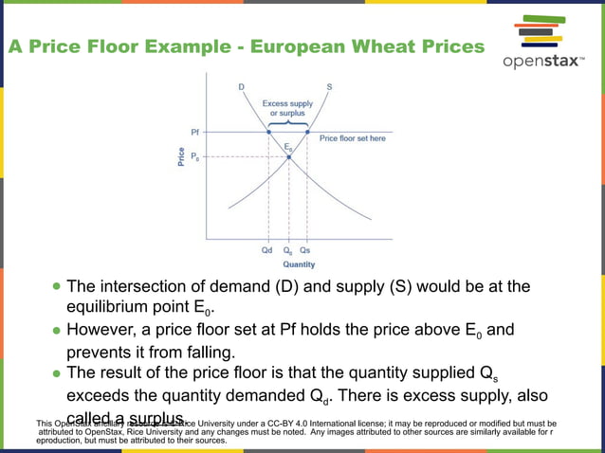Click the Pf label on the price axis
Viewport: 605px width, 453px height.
pyautogui.click(x=195, y=132)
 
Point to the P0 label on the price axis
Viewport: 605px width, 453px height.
pyautogui.click(x=195, y=155)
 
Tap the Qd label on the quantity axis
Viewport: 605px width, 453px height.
pyautogui.click(x=268, y=251)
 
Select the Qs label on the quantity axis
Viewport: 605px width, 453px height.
pyautogui.click(x=306, y=251)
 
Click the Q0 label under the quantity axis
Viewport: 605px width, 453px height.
pyautogui.click(x=288, y=251)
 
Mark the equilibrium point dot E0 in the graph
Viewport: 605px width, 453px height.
pyautogui.click(x=288, y=155)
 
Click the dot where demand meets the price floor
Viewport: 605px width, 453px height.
pyautogui.click(x=268, y=132)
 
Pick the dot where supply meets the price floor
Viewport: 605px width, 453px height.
pyautogui.click(x=306, y=132)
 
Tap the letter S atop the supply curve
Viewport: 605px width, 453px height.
pyautogui.click(x=329, y=87)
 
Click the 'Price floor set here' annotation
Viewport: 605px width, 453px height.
pyautogui.click(x=352, y=138)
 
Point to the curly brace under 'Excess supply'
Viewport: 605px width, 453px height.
pyautogui.click(x=287, y=123)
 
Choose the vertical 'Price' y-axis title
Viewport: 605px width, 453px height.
pyautogui.click(x=180, y=157)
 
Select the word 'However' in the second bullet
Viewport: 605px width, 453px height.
pyautogui.click(x=103, y=330)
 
